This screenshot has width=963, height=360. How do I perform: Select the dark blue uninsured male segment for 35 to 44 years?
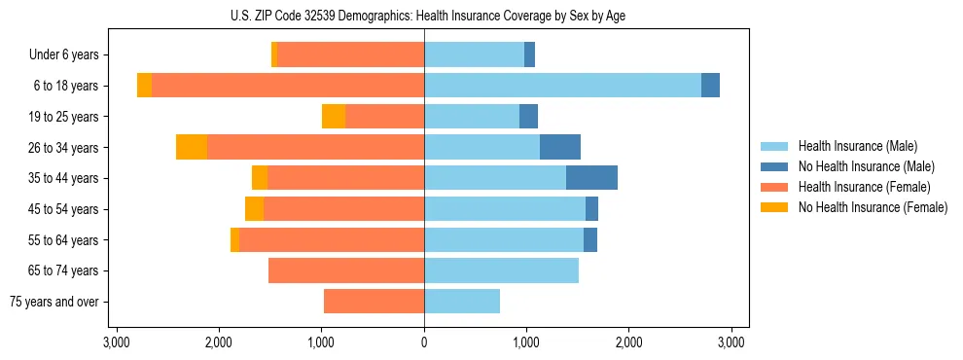coord(591,178)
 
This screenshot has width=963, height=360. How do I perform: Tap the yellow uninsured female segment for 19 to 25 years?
coord(334,117)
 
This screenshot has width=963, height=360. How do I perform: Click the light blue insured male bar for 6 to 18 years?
coord(562,86)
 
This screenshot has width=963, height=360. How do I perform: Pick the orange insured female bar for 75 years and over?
coord(374,302)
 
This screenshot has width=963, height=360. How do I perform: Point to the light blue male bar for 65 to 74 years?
coord(501,270)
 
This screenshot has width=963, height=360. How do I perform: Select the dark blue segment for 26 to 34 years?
coord(560,147)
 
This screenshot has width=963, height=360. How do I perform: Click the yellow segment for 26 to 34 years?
coord(192,147)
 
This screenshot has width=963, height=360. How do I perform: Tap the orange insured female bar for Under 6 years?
coord(350,54)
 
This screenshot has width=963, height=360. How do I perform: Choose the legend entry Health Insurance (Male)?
coord(857,146)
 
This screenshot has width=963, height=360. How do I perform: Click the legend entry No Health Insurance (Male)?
coord(866,166)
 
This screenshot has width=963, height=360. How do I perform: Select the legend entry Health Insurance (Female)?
coord(864,187)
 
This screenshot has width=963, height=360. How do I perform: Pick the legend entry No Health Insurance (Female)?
coord(873,207)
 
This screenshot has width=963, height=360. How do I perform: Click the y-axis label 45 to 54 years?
coord(63,209)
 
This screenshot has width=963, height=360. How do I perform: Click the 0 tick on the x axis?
coord(424,342)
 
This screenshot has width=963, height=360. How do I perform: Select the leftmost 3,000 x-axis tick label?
coord(116,342)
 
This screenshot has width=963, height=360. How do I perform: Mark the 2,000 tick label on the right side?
coord(628,342)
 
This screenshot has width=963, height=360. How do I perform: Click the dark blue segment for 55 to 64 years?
coord(590,239)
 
